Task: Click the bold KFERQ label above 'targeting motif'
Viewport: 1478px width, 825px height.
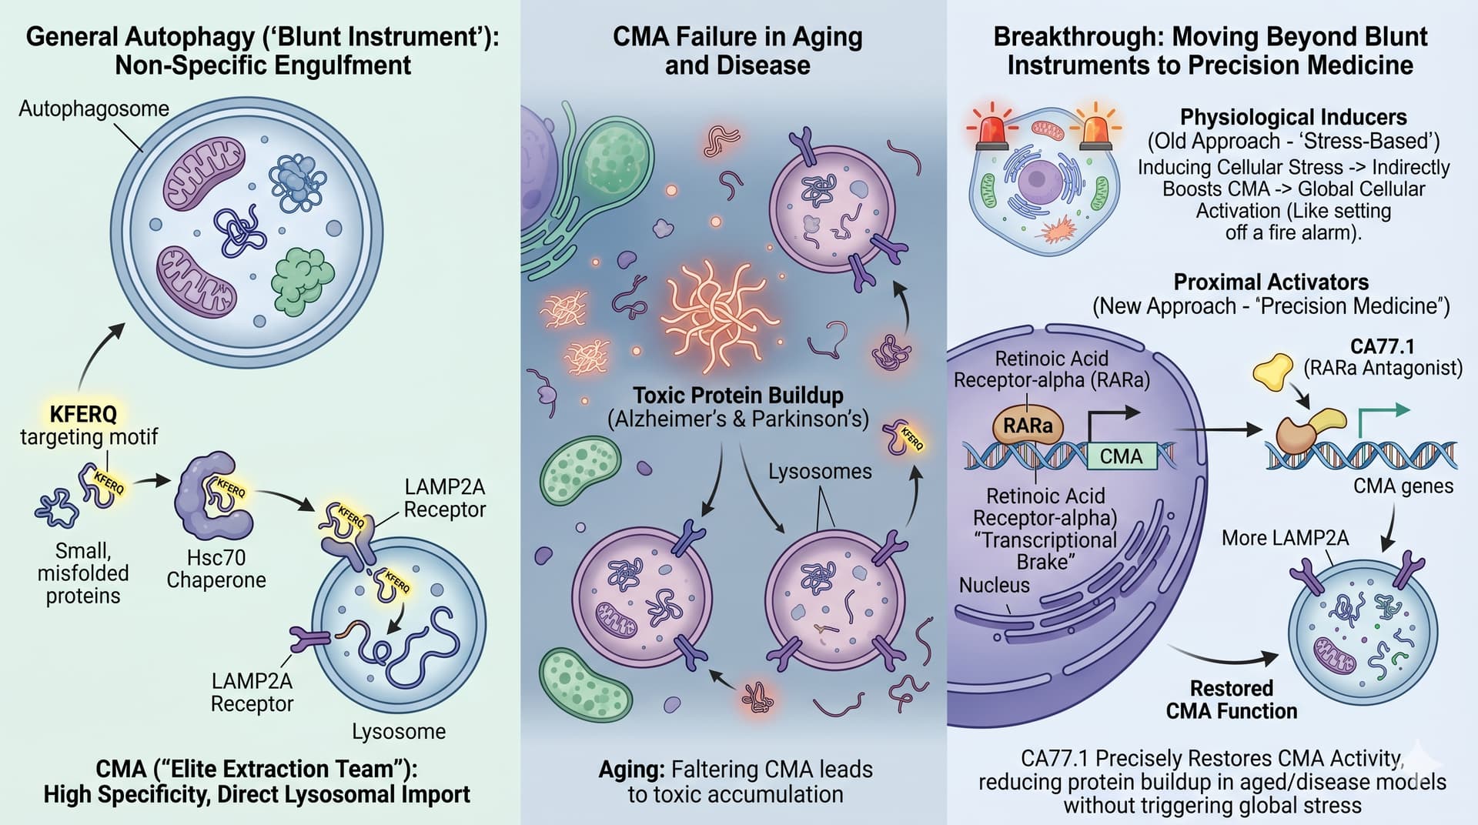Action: pos(83,414)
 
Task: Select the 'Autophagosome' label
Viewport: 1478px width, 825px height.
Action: pos(93,109)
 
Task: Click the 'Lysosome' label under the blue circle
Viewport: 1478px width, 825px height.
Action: pos(399,731)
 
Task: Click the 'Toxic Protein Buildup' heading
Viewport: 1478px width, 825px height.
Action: pos(737,396)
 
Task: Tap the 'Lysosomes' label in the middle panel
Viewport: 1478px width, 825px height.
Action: pos(820,471)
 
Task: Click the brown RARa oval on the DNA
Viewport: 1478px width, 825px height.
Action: pos(1027,426)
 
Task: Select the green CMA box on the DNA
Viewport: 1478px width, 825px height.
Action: pos(1121,456)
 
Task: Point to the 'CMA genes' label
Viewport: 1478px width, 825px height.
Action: pos(1403,486)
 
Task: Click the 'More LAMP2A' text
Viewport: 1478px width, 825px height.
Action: pos(1285,538)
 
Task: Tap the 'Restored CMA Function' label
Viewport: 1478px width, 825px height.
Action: pos(1231,699)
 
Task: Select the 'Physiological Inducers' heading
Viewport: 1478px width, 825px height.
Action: pos(1293,117)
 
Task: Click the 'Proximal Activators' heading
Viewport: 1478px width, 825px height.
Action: pos(1271,282)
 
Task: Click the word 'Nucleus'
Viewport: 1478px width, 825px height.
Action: pos(994,586)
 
